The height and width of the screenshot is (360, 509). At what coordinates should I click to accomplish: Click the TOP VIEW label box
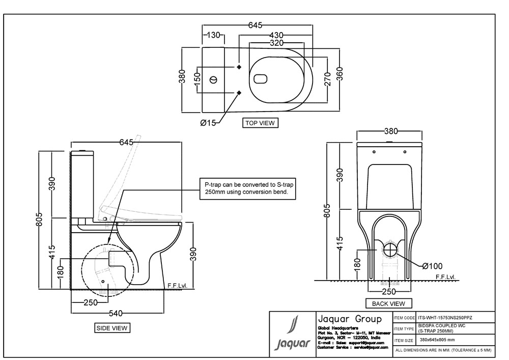tap(260, 123)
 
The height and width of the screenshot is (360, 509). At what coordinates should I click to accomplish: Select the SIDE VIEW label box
tap(112, 328)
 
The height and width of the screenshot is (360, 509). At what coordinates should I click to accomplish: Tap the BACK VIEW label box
tap(388, 303)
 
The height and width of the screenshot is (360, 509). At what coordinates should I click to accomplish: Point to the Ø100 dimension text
tap(432, 265)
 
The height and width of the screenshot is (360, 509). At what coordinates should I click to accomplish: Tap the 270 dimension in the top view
tap(327, 79)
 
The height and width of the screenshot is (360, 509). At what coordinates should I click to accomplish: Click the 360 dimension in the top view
tap(340, 79)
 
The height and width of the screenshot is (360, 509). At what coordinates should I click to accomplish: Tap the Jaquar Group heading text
tap(349, 319)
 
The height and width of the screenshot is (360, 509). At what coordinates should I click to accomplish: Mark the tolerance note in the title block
tap(443, 350)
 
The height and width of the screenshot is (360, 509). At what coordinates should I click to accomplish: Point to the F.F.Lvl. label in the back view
tap(446, 277)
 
